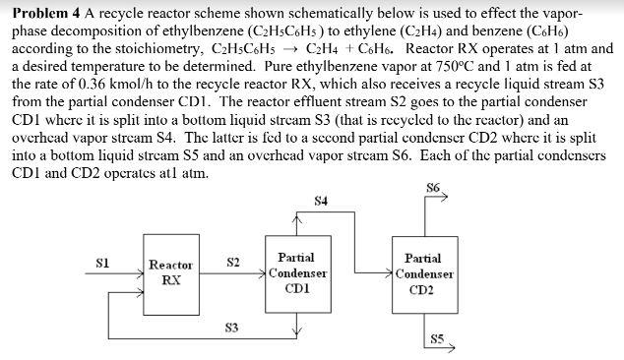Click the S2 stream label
[233, 262]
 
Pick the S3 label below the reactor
[231, 327]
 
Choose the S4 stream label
[321, 202]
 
